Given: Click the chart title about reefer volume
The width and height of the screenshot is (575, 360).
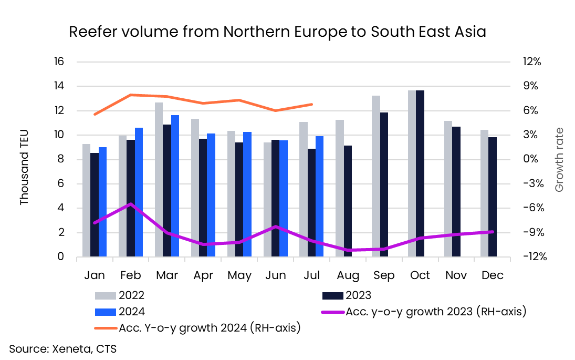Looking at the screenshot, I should coord(278,33).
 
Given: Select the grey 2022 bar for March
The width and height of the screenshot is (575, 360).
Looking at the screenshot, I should coord(159,180).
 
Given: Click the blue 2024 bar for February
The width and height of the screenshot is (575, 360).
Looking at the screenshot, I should coord(139,192).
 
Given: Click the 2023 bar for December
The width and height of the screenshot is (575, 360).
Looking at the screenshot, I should coord(493,197).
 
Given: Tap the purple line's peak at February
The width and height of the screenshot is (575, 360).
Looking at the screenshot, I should coord(131,204).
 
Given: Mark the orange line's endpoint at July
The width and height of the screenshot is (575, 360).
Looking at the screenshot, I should coord(312,104).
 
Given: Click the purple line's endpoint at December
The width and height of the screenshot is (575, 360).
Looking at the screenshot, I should coord(492,232).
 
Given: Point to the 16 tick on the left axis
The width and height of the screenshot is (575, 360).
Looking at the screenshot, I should coord(58,61).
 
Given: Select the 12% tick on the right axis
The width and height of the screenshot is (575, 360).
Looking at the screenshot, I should coord(531,61).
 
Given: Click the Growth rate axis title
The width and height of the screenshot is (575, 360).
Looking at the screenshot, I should coord(559,159).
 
